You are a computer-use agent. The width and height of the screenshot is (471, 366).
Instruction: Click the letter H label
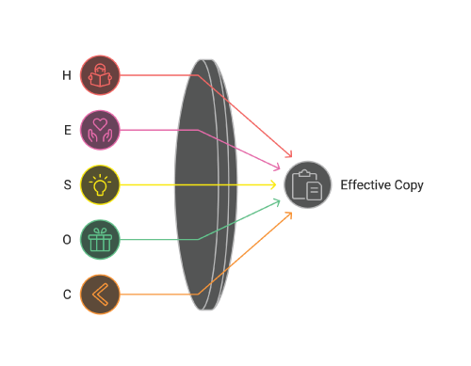pos(67,75)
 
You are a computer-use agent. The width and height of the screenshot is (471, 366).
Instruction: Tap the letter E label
pos(68,130)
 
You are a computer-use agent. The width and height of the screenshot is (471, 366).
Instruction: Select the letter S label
pos(67,184)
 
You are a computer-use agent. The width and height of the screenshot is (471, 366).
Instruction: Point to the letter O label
pos(67,240)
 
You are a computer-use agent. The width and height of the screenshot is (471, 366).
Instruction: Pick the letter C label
pos(67,294)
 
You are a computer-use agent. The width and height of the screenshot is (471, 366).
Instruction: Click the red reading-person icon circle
pos(100,75)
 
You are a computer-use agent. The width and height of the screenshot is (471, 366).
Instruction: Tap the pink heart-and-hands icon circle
pos(100,130)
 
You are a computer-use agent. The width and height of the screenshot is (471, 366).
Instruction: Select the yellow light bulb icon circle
pos(100,184)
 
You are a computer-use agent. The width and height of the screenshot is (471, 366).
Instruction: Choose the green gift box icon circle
pos(100,240)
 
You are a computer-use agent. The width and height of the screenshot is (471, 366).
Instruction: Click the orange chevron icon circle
pos(100,294)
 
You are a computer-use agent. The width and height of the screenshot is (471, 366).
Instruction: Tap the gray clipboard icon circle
pos(308,184)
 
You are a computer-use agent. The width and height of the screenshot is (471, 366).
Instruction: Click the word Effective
pos(365,184)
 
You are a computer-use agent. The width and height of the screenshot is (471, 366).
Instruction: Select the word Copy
pos(409,185)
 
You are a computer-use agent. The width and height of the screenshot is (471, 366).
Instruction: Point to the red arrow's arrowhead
pos(289,154)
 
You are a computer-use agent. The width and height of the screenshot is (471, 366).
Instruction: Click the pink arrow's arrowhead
pos(277,167)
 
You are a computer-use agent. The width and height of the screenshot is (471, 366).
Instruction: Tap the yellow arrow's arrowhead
pos(273,184)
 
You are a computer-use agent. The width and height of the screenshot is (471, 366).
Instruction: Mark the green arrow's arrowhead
pos(277,201)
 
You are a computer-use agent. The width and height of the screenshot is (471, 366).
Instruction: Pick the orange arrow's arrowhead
pos(289,215)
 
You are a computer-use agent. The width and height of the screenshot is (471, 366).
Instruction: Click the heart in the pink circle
pos(100,124)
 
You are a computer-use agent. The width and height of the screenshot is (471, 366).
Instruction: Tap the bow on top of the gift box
pos(100,231)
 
